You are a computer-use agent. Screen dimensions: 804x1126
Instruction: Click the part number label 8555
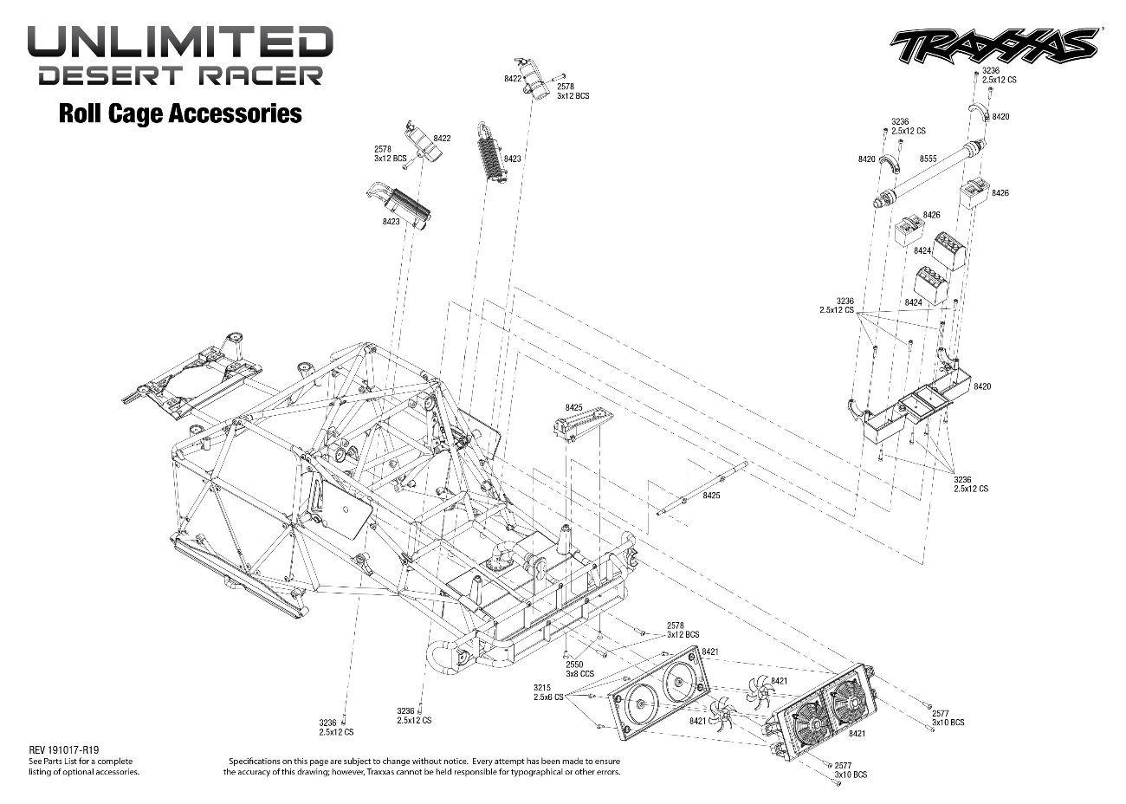coord(929,159)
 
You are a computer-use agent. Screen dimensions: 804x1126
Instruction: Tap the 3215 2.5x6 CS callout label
coord(548,691)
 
